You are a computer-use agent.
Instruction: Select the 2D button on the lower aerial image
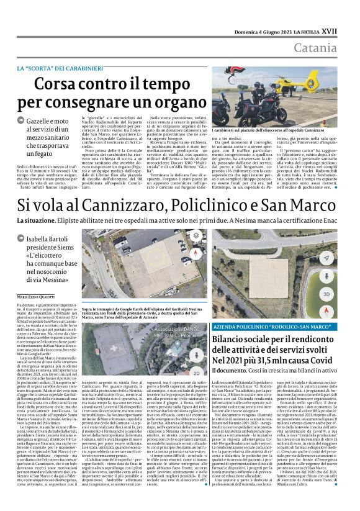[197, 373]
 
